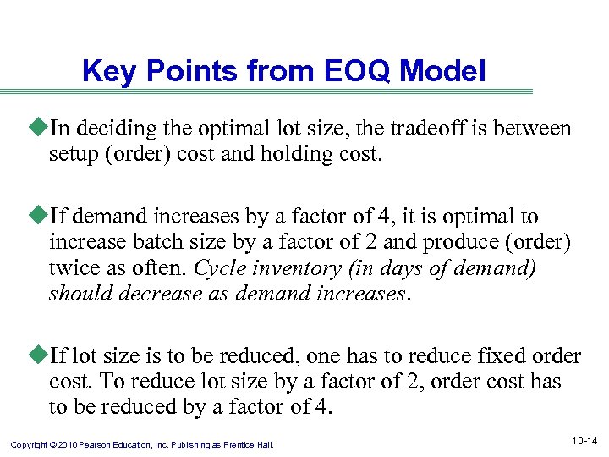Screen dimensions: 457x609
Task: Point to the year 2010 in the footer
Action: point(70,443)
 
